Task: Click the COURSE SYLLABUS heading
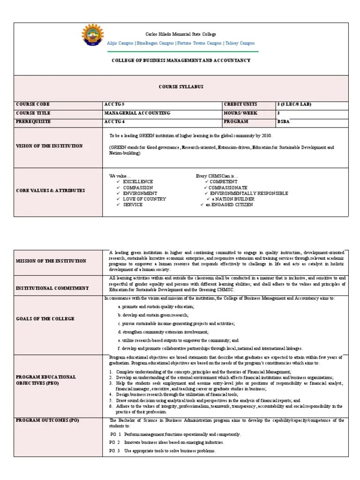coord(180,87)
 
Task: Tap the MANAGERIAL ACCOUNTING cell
coord(137,113)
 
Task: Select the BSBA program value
coord(284,121)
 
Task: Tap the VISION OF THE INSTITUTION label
coord(49,146)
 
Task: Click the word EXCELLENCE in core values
coord(138,181)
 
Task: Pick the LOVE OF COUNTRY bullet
coord(144,199)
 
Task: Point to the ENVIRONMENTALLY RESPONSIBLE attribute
coord(248,193)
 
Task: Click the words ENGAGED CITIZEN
coord(232,205)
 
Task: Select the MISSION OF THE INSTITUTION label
coord(51,261)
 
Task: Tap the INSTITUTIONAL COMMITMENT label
coord(52,288)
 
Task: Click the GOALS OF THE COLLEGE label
coord(45,319)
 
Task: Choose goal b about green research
coord(156,315)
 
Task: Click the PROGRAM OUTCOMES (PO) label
coord(47,420)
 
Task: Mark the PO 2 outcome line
coord(167,442)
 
